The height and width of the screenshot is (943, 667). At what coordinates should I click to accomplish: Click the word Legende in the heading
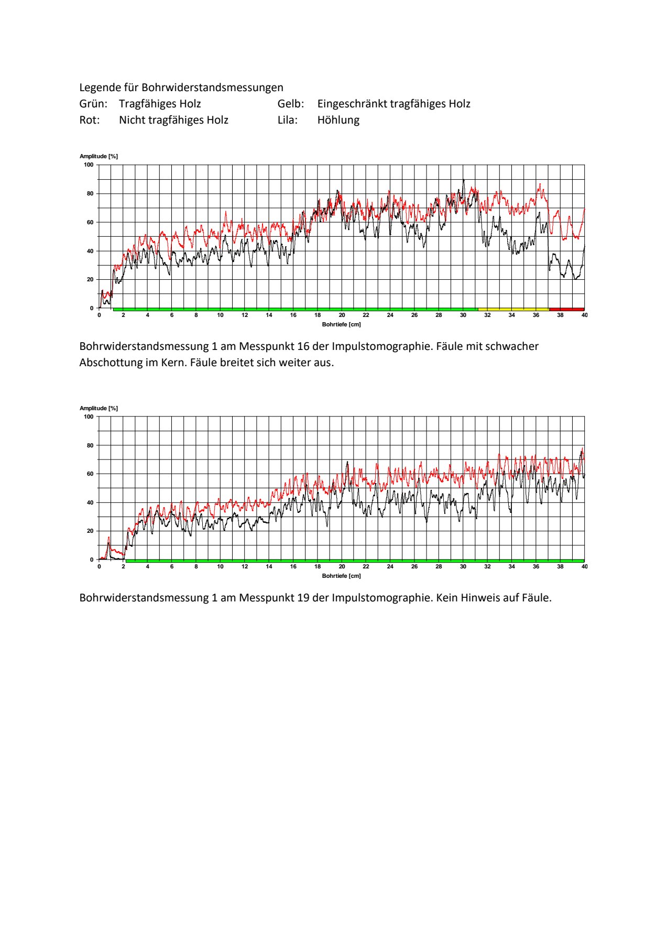click(99, 88)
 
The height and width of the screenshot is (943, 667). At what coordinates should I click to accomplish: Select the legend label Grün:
click(93, 104)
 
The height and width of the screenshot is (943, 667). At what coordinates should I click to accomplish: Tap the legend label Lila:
click(288, 120)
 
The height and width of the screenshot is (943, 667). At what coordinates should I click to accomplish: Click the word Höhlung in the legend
click(338, 120)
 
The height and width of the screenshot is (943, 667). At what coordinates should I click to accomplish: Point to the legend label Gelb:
click(291, 104)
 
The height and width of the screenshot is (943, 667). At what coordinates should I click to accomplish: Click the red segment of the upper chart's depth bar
click(566, 310)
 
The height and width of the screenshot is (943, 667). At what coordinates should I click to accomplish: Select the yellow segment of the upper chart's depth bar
click(513, 310)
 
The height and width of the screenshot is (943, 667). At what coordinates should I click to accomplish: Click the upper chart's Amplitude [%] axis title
click(99, 156)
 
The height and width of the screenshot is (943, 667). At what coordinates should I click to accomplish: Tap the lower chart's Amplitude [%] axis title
click(99, 408)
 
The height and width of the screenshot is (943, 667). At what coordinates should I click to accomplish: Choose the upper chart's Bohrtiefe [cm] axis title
click(342, 324)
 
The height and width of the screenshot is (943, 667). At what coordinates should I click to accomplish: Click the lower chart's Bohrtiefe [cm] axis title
click(342, 576)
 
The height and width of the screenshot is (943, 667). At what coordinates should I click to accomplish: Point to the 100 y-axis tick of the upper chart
click(89, 165)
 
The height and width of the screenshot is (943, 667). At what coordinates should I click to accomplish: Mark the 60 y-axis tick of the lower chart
click(90, 474)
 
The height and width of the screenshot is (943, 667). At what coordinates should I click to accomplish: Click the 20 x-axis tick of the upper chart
click(342, 315)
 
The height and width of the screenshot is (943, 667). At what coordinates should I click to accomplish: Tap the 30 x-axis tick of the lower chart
click(463, 566)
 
